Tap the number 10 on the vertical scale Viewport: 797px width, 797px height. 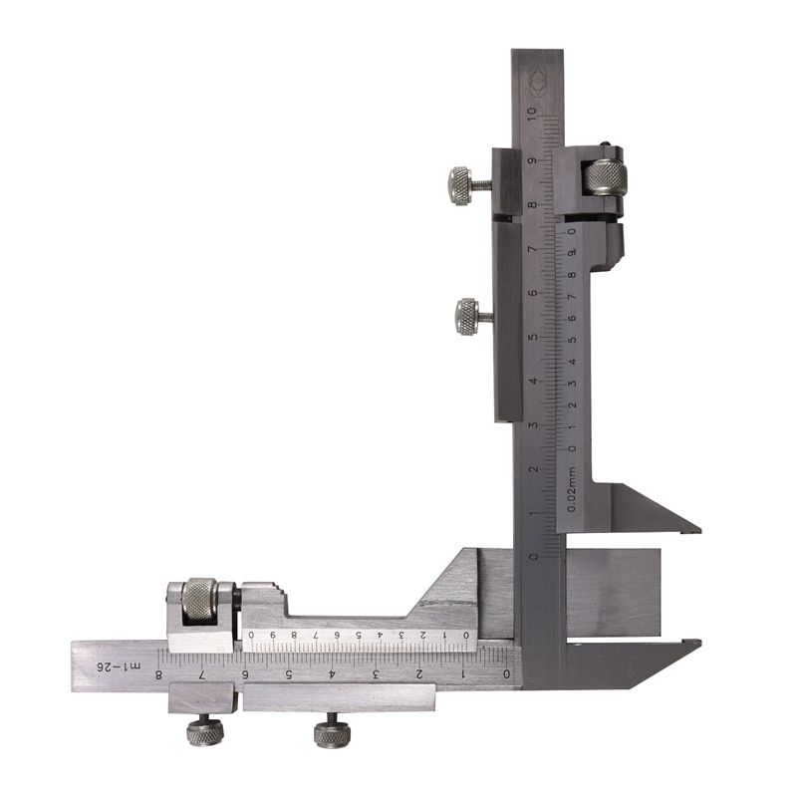pos(534,115)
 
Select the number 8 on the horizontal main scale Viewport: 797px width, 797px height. pos(159,674)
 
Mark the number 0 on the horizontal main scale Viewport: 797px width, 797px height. pos(506,674)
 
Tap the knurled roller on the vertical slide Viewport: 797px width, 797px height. pos(605,177)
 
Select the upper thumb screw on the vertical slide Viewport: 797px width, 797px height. pos(461,184)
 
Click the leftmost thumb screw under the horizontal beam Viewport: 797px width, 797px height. pos(204,732)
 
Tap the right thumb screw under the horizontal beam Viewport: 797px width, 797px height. pos(332,734)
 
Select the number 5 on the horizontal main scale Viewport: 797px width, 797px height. pos(289,674)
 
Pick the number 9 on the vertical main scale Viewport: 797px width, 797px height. pos(534,159)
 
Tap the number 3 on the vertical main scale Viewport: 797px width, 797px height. pos(534,424)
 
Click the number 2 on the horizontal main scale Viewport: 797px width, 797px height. pos(419,674)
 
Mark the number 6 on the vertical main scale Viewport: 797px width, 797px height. pos(534,292)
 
